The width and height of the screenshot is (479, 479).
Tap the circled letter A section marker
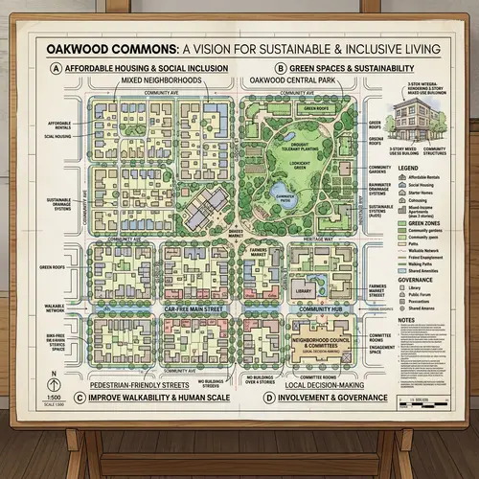coord(57,69)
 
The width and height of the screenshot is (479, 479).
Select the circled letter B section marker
coord(280,69)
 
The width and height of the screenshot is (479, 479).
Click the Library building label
coord(306,291)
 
